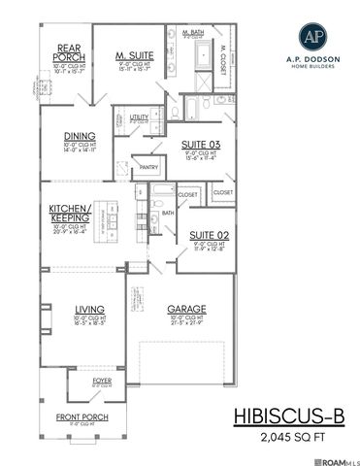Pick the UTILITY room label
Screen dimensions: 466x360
pos(139,116)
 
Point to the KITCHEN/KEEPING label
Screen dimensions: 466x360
pos(70,215)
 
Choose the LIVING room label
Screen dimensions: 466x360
pos(89,311)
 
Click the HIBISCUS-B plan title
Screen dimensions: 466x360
pos(288,416)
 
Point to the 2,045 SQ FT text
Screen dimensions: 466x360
pos(289,438)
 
